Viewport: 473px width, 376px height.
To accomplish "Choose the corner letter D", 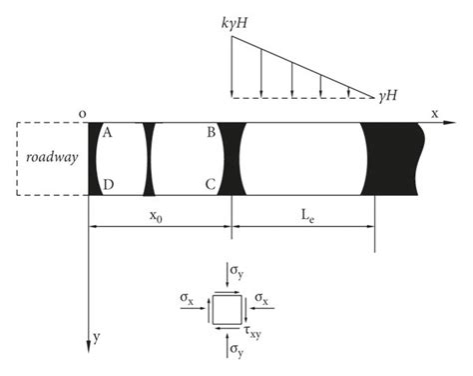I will [107, 186].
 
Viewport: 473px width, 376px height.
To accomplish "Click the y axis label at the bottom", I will [97, 338].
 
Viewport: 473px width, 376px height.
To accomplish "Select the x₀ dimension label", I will [157, 216].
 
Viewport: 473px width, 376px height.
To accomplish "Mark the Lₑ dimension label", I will [301, 216].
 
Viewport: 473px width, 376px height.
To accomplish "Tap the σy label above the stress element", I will [234, 270].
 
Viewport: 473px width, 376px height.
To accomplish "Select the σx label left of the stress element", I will [187, 298].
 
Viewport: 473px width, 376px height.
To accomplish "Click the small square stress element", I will [223, 310].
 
